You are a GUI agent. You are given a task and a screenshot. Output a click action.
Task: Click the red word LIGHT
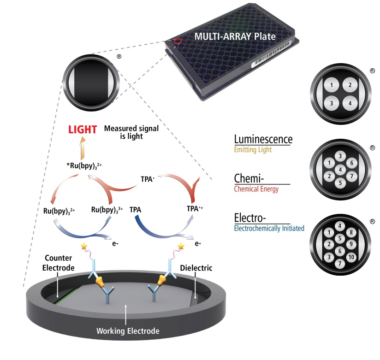(x=83, y=130)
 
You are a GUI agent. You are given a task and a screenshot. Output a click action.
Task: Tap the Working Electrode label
(x=128, y=331)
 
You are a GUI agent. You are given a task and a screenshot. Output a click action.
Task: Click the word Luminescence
(x=263, y=139)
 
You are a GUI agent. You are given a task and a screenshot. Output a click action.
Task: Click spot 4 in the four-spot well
(x=350, y=104)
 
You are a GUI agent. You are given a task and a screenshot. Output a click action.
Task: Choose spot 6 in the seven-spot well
(x=351, y=163)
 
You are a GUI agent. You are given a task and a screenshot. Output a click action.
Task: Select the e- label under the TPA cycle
(x=198, y=243)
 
